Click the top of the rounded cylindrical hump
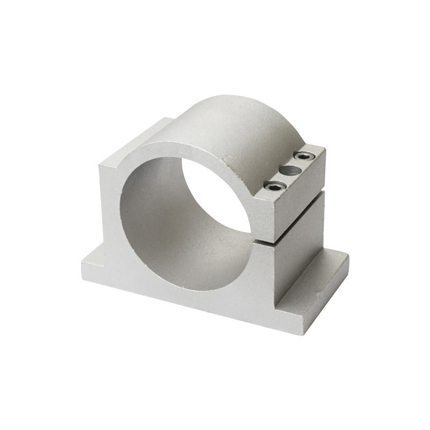point(236,113)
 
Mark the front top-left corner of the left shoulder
point(99,166)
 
